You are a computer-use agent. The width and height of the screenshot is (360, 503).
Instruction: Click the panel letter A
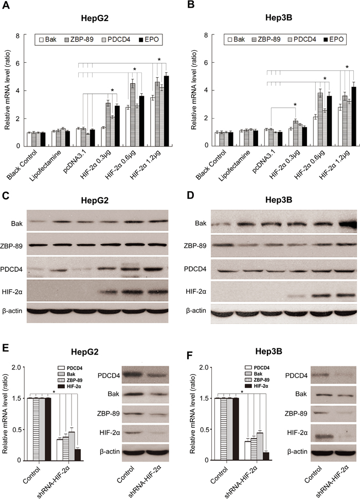[6, 6]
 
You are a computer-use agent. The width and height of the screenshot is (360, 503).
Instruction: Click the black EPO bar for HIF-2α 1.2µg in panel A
[166, 111]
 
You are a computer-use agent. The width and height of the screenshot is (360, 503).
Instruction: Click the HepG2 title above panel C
[95, 200]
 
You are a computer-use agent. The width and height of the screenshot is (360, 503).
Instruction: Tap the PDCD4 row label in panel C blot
[11, 269]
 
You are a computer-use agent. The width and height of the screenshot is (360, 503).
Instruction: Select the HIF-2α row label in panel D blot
[196, 292]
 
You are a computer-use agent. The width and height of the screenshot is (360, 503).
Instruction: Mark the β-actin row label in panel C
[12, 310]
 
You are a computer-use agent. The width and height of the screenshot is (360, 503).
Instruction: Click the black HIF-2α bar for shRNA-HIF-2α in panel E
[77, 455]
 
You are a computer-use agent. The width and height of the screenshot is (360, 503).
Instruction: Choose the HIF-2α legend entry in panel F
[257, 386]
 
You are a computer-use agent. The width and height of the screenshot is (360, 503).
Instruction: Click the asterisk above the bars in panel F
[242, 393]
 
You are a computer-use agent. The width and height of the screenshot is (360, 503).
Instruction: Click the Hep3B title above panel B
[279, 17]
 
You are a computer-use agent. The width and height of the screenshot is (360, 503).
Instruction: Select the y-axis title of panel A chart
[7, 89]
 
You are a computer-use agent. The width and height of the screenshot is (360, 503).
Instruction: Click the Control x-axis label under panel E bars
[31, 475]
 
